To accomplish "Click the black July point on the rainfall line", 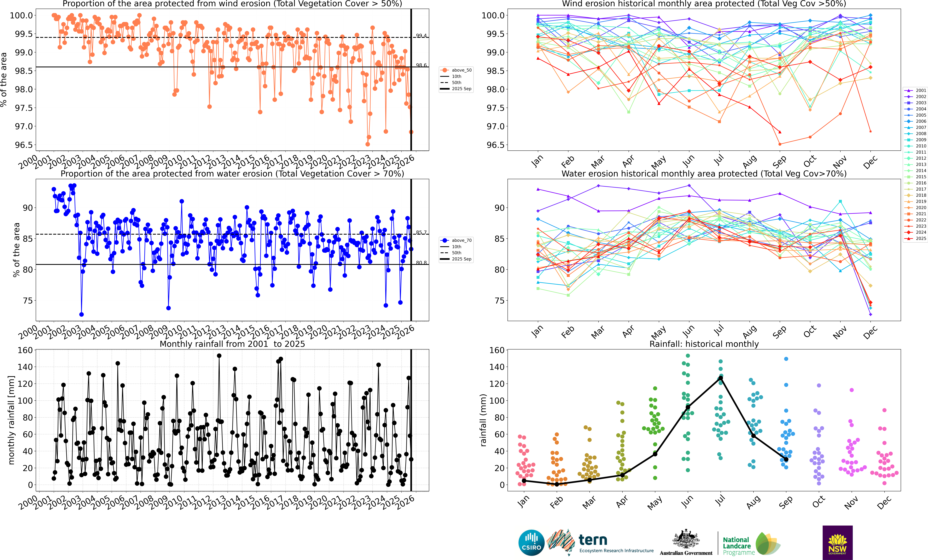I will (720, 378).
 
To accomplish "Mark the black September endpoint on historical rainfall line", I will (786, 459).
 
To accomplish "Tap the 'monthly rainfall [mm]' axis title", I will (11, 420).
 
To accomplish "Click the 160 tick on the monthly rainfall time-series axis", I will (25, 350).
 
